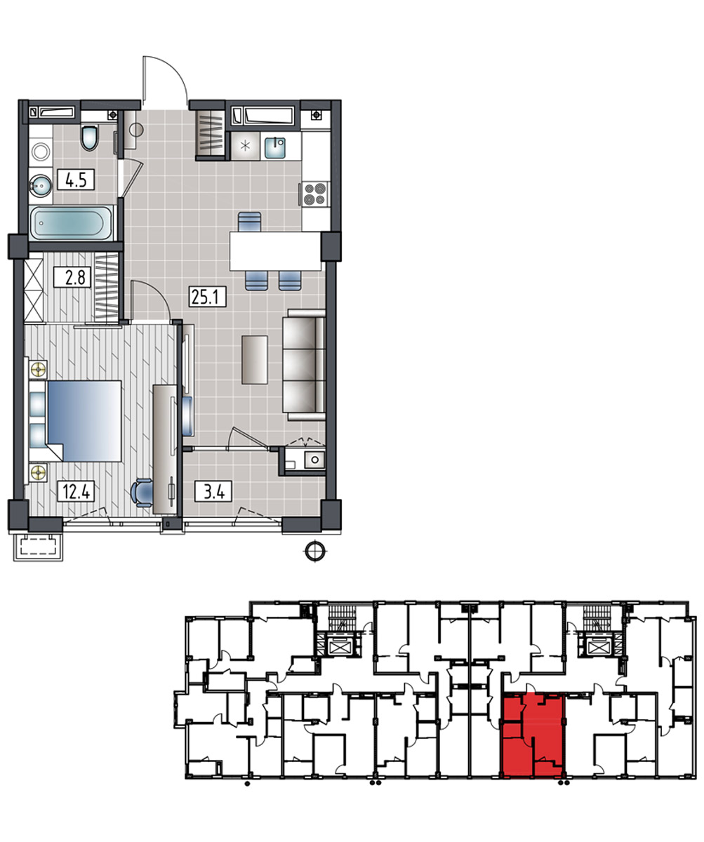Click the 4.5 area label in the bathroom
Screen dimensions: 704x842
pos(76,180)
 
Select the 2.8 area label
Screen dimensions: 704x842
pos(72,277)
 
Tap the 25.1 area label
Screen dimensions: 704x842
pos(207,297)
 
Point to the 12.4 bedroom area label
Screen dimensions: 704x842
pos(76,491)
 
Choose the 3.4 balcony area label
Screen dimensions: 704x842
pos(213,491)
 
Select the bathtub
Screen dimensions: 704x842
pos(71,223)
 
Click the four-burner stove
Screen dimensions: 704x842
pos(315,194)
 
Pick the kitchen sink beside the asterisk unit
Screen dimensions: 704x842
pos(275,147)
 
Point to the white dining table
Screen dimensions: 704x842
pos(276,250)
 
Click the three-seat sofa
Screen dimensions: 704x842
pos(304,365)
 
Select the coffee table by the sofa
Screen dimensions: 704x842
pos(255,360)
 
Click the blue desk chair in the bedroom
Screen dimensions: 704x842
pos(142,493)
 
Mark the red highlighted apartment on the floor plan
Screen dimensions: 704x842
pos(531,735)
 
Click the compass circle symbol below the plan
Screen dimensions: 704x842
pos(315,551)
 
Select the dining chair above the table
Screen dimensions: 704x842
pos(249,222)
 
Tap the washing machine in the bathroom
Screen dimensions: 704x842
pos(41,152)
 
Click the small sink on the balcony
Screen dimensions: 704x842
pos(314,460)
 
